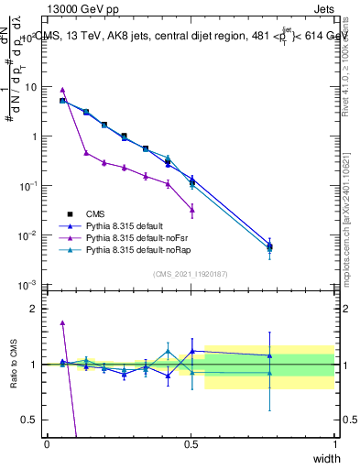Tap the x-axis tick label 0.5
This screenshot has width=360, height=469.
[x=191, y=444]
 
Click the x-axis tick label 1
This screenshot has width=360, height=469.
[x=334, y=444]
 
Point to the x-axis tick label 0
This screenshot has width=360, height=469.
[x=48, y=444]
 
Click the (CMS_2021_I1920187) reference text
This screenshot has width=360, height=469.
[x=191, y=274]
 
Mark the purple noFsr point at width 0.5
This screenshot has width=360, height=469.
[x=191, y=210]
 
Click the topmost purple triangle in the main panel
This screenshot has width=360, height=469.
[x=62, y=90]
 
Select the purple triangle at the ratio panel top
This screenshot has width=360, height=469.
[x=62, y=322]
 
